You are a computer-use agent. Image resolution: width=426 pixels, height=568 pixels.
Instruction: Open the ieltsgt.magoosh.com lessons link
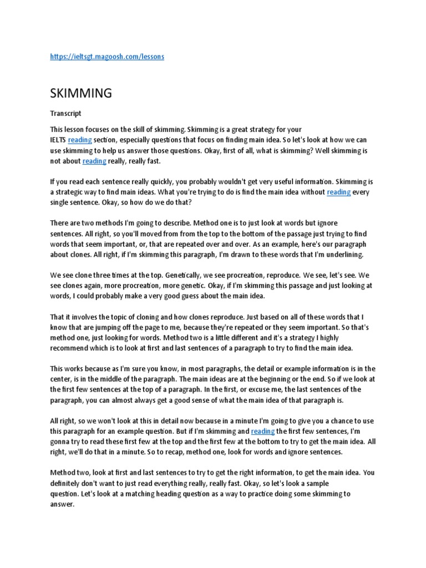coord(107,57)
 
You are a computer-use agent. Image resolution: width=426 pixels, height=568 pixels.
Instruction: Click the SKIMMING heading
coord(81,93)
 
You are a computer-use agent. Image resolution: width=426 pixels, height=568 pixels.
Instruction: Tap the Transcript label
coord(66,113)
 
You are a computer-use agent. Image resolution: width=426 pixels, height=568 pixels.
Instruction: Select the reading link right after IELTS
coord(80,140)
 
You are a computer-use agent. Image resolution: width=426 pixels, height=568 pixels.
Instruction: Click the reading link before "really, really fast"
coord(94,161)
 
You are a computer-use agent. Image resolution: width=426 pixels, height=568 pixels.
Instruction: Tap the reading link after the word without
coord(338,192)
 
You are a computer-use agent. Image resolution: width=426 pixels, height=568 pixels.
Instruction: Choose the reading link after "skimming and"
coord(263,430)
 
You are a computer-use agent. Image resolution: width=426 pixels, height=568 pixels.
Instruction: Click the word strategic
coord(72,192)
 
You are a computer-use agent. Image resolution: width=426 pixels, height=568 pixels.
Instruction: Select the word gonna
coord(60,442)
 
